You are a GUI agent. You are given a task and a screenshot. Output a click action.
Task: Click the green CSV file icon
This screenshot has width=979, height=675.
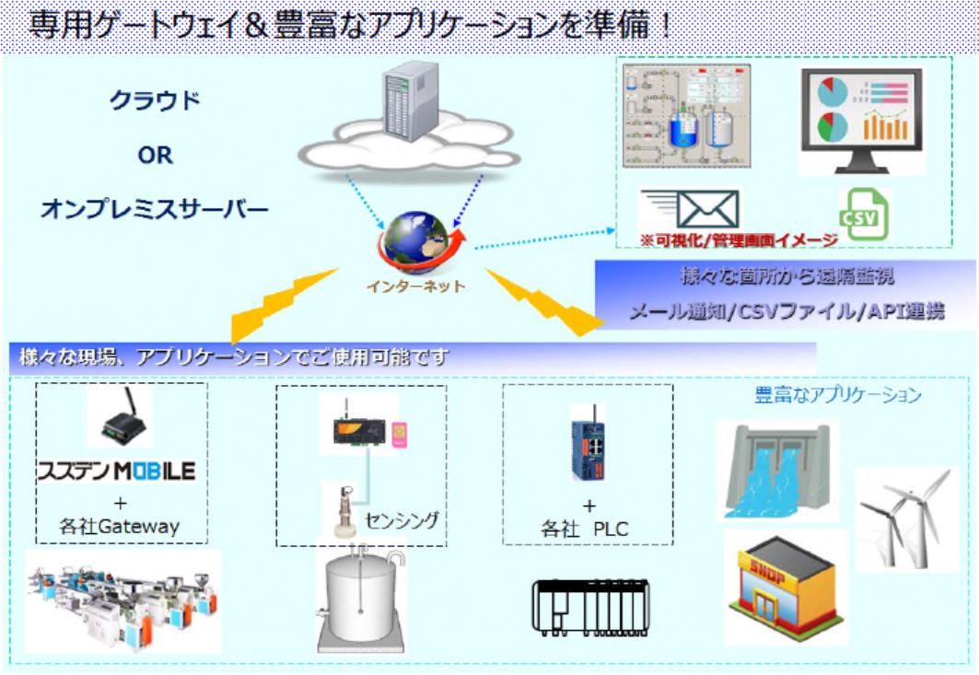coord(863,215)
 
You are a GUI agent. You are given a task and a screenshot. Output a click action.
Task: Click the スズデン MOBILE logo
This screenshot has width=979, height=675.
coord(116,471)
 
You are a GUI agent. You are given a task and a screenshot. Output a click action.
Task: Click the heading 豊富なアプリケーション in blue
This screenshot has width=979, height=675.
coord(837,396)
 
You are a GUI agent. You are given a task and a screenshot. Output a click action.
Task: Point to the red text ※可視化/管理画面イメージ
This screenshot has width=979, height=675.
coord(739,240)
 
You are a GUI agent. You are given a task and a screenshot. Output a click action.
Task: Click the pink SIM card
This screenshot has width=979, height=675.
coord(398,433)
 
